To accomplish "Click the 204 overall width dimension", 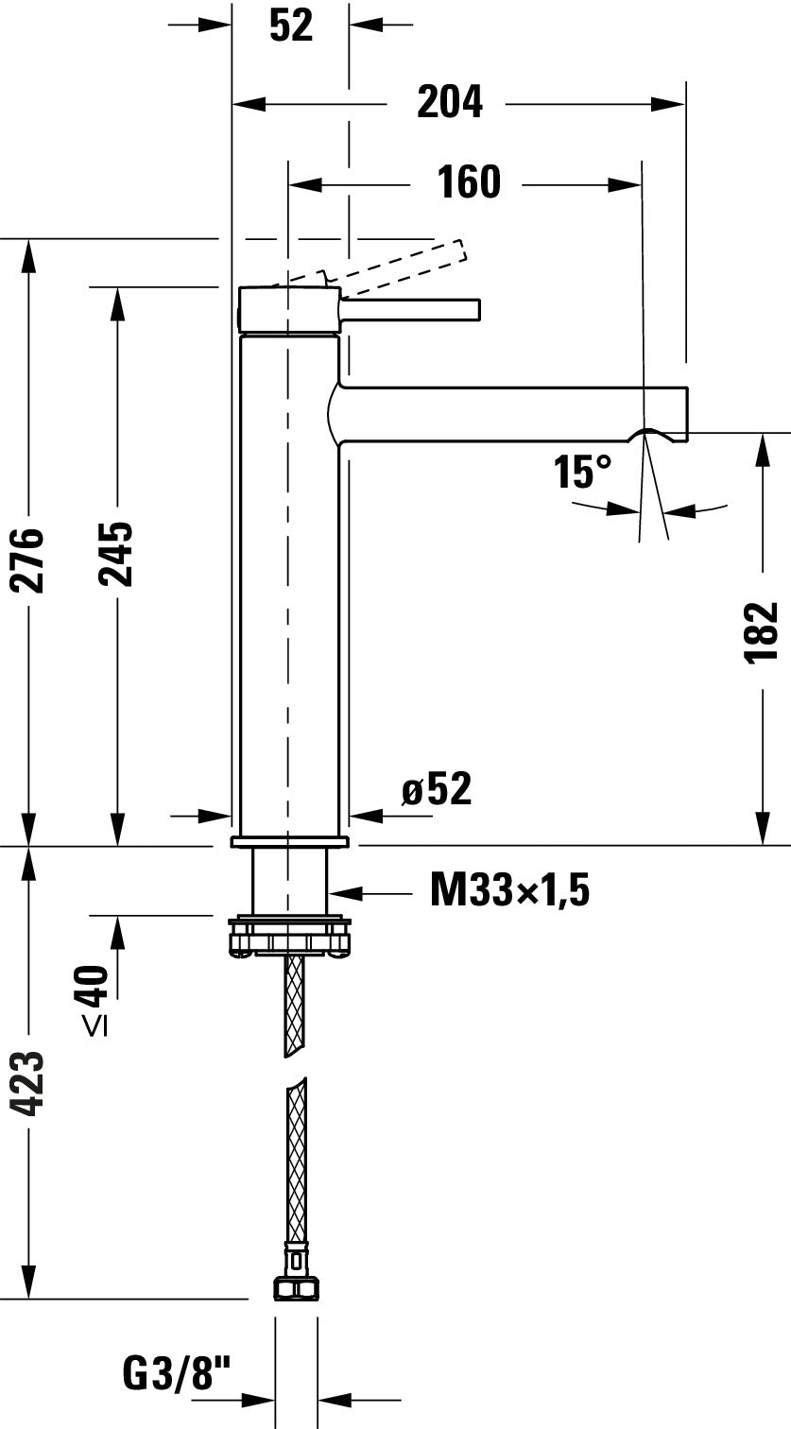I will click(x=450, y=103).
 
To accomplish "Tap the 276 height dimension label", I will click(x=29, y=560).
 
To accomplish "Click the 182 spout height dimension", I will click(x=762, y=631).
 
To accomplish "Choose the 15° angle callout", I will click(x=582, y=472).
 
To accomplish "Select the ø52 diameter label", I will click(x=436, y=788).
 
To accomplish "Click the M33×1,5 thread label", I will click(x=509, y=889).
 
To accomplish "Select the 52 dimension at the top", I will click(x=290, y=26).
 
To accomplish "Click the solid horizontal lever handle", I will click(x=411, y=309).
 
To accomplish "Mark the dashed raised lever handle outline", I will click(x=397, y=264).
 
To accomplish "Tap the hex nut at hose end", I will click(x=296, y=1289).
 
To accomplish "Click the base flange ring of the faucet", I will click(x=289, y=841).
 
